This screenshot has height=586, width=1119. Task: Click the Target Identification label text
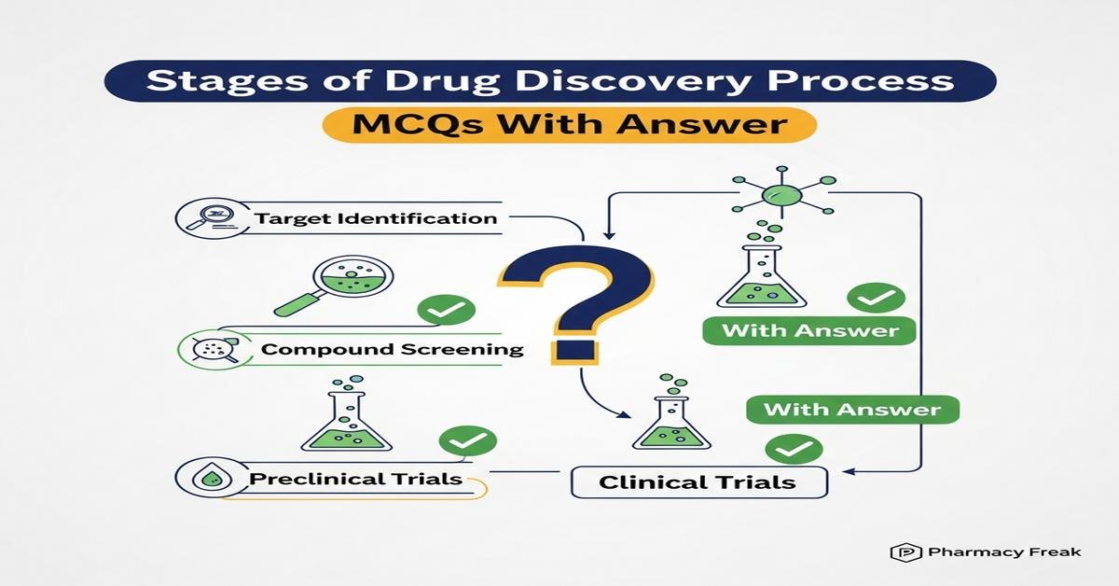[375, 219]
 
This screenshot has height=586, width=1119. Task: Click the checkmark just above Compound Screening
[446, 310]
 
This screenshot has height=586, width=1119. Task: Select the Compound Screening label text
[392, 350]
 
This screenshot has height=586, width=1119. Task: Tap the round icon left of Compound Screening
[204, 350]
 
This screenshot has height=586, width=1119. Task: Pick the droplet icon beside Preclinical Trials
[203, 479]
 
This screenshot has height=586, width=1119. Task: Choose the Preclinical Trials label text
[356, 479]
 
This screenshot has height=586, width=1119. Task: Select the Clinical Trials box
[698, 482]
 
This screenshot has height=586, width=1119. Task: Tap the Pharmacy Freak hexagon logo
[901, 552]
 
